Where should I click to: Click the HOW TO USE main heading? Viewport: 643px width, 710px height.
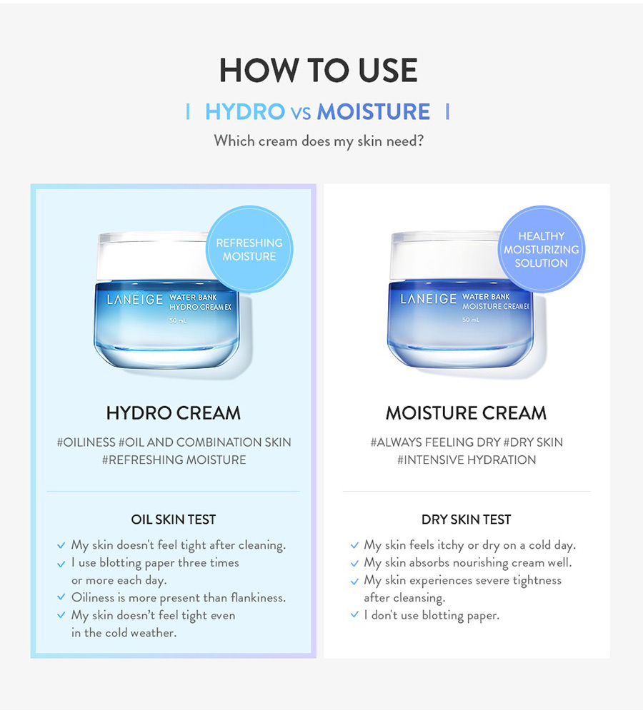pos(319,70)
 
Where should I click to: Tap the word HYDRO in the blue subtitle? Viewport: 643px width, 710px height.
pos(245,112)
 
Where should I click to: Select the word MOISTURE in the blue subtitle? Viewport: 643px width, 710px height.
pos(373,112)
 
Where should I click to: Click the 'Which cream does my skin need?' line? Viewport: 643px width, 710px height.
pos(319,141)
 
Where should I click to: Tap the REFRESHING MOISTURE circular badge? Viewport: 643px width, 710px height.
pos(249,250)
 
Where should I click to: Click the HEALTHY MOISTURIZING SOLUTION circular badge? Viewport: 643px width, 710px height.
pos(542,250)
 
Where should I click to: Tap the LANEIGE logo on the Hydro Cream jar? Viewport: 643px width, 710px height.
pos(135,299)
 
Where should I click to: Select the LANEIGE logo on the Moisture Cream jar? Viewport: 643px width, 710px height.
pos(428,299)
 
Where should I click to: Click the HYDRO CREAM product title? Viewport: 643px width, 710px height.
pos(174,413)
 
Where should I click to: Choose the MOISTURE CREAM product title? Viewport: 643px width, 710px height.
pos(466,413)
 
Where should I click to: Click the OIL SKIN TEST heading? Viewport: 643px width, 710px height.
pos(174,519)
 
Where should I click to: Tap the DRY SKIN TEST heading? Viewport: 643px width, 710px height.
pos(466,519)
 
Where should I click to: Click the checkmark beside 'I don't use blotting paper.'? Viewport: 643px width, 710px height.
pos(354,614)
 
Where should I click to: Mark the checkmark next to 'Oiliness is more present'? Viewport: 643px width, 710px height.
pos(61,597)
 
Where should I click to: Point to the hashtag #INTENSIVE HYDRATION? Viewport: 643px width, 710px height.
pos(467,460)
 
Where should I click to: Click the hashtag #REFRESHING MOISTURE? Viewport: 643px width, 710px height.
pos(174,460)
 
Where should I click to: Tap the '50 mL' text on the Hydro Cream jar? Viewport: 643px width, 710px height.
pos(178,320)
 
